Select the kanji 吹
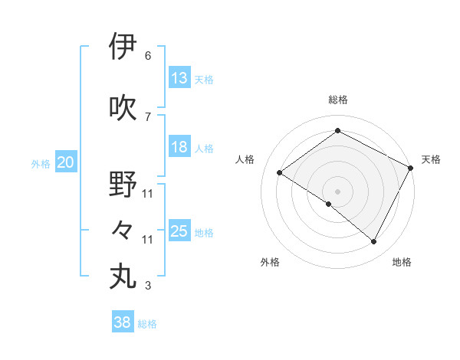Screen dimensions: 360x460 [123, 107]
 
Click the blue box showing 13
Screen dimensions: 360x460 [179, 78]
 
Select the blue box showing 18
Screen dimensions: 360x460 [179, 147]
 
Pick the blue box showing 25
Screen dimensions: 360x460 [179, 231]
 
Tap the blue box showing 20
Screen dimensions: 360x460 [66, 162]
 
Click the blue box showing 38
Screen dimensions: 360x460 [123, 323]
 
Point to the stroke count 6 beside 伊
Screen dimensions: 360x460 [148, 56]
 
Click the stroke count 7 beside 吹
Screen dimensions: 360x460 [148, 117]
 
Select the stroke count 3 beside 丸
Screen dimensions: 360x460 [148, 286]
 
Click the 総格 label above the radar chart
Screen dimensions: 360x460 [338, 100]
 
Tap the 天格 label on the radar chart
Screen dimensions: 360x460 [431, 159]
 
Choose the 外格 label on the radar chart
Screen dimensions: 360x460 [270, 263]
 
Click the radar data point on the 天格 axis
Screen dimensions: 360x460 [411, 167]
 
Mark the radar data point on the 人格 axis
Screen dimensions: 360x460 [280, 172]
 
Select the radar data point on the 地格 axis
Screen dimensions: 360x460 [374, 241]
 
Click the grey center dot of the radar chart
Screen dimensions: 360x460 [337, 191]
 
